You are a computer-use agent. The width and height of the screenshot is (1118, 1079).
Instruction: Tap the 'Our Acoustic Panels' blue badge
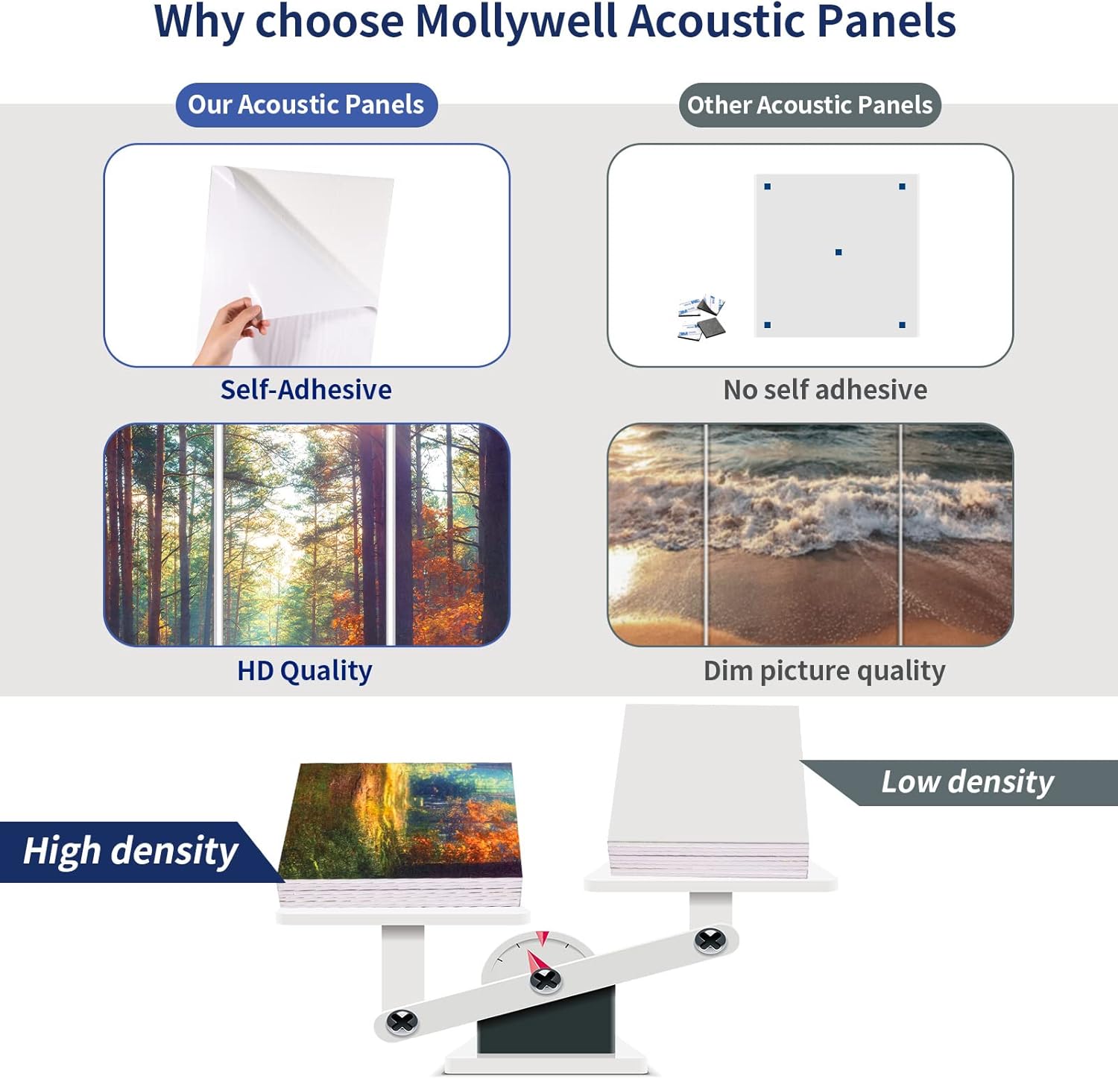(x=306, y=104)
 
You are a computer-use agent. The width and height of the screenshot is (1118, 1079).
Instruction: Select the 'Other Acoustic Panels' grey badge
(x=809, y=105)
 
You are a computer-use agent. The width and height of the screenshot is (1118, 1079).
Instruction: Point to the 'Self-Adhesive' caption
(x=306, y=390)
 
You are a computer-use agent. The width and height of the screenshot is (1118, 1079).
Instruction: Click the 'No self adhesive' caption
(x=825, y=390)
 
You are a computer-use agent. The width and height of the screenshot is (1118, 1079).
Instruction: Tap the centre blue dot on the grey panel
(x=838, y=253)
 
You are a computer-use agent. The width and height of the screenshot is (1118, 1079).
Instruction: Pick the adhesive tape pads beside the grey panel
(x=701, y=318)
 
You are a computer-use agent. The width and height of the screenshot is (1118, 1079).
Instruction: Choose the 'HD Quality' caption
(x=305, y=671)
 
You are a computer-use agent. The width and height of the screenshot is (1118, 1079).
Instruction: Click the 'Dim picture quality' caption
(x=824, y=671)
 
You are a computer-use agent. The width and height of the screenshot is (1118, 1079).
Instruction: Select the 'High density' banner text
(x=130, y=851)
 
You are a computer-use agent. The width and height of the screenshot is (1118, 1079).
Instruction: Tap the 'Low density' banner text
(x=967, y=782)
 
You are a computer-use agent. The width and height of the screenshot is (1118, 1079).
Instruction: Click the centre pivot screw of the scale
(x=545, y=979)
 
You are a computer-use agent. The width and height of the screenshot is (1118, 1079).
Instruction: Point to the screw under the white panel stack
(x=710, y=941)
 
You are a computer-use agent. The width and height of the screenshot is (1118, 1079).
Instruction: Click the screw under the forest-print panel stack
(x=402, y=1021)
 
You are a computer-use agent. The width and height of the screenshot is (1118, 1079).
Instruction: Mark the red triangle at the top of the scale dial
(x=543, y=938)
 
